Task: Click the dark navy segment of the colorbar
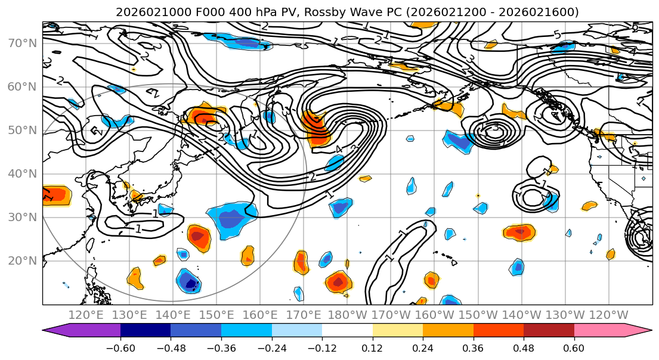tap(145, 331)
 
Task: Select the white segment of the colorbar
tap(347, 331)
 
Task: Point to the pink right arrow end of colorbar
tap(638, 331)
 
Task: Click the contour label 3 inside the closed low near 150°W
tap(495, 128)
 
